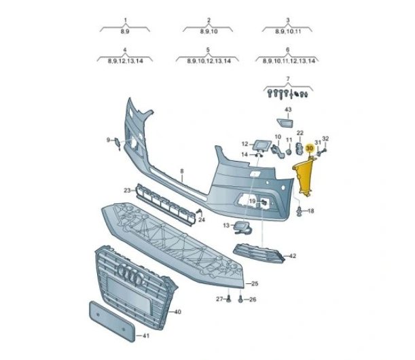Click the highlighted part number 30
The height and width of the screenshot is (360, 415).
point(309,149)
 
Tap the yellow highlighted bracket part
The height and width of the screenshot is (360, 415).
point(305,175)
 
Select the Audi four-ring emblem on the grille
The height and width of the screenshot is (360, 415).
point(130,274)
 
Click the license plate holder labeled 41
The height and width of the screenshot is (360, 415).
point(111,321)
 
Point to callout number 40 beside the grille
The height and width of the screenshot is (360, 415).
point(177,312)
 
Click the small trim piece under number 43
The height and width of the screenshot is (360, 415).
point(285,123)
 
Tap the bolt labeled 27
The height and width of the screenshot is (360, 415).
point(229,299)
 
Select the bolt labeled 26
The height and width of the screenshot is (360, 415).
point(240,300)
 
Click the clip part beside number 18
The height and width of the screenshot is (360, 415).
point(300,211)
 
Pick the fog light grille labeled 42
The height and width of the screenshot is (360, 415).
point(259,253)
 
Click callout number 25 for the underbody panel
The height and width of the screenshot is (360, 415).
point(254,283)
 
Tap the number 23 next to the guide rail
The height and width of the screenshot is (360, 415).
point(127,190)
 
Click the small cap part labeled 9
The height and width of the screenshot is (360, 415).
point(117,143)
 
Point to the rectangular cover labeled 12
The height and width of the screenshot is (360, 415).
point(262,145)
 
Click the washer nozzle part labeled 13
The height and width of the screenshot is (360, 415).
point(242,228)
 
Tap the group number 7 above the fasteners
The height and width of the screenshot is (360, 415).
point(288,79)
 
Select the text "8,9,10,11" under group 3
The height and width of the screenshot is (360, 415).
point(288,31)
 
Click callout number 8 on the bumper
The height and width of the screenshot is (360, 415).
point(182,171)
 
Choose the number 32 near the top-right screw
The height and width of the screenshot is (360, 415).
point(325,139)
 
